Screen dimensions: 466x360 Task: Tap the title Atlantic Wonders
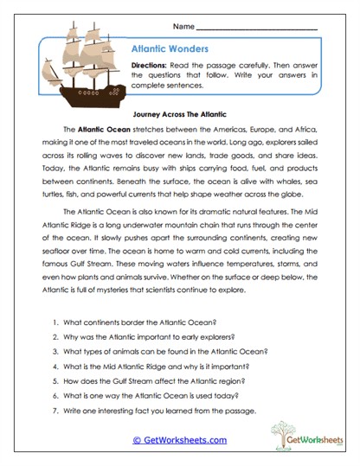pos(169,49)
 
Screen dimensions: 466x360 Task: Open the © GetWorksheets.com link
pos(179,440)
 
